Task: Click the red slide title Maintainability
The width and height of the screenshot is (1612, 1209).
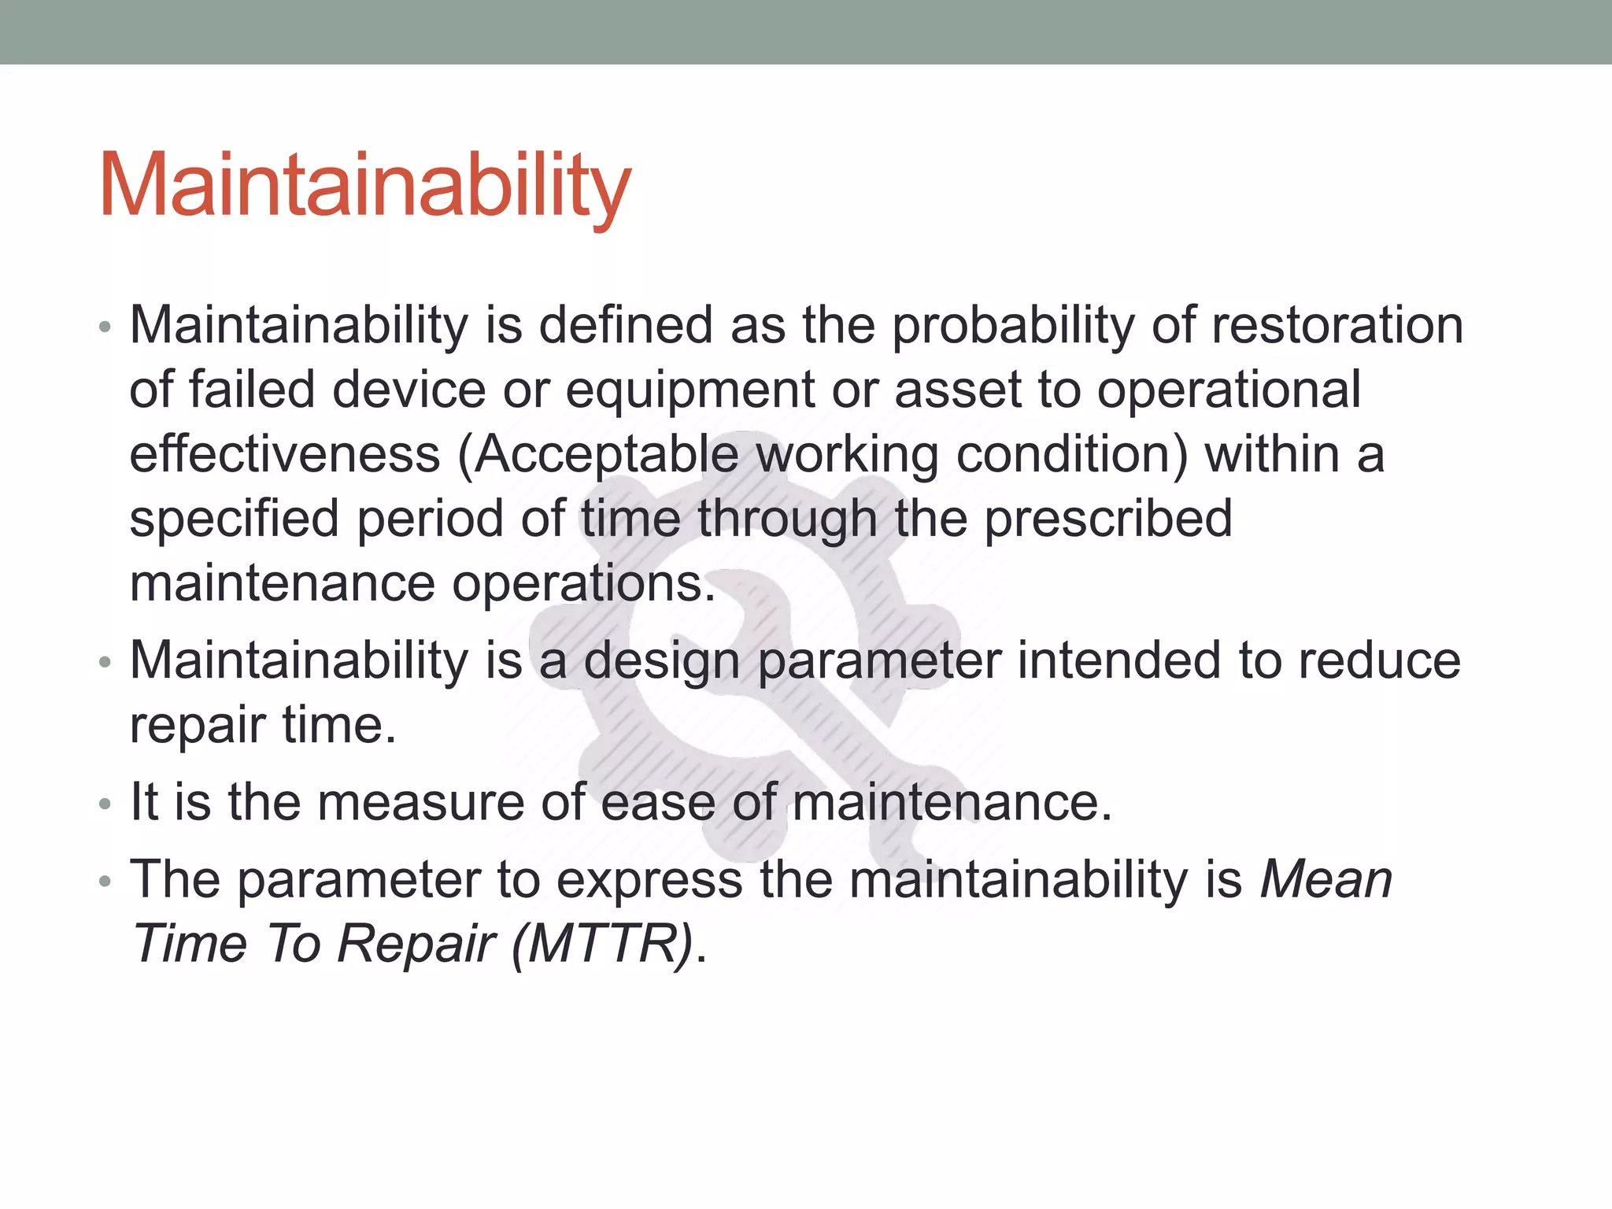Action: click(x=364, y=186)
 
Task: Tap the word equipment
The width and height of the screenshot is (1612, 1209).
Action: click(x=690, y=390)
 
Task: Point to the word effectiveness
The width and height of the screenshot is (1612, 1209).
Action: click(x=284, y=454)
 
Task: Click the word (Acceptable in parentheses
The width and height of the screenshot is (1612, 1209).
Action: click(x=598, y=454)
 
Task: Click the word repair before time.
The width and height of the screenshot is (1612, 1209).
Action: click(x=198, y=725)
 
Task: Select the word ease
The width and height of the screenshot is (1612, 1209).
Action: click(x=658, y=802)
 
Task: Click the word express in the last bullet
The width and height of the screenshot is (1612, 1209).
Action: click(x=649, y=879)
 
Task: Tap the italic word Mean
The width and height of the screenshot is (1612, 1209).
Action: click(x=1325, y=879)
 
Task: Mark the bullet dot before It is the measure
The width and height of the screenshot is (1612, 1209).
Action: click(x=105, y=804)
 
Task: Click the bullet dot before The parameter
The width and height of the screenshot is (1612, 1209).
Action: click(x=105, y=882)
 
